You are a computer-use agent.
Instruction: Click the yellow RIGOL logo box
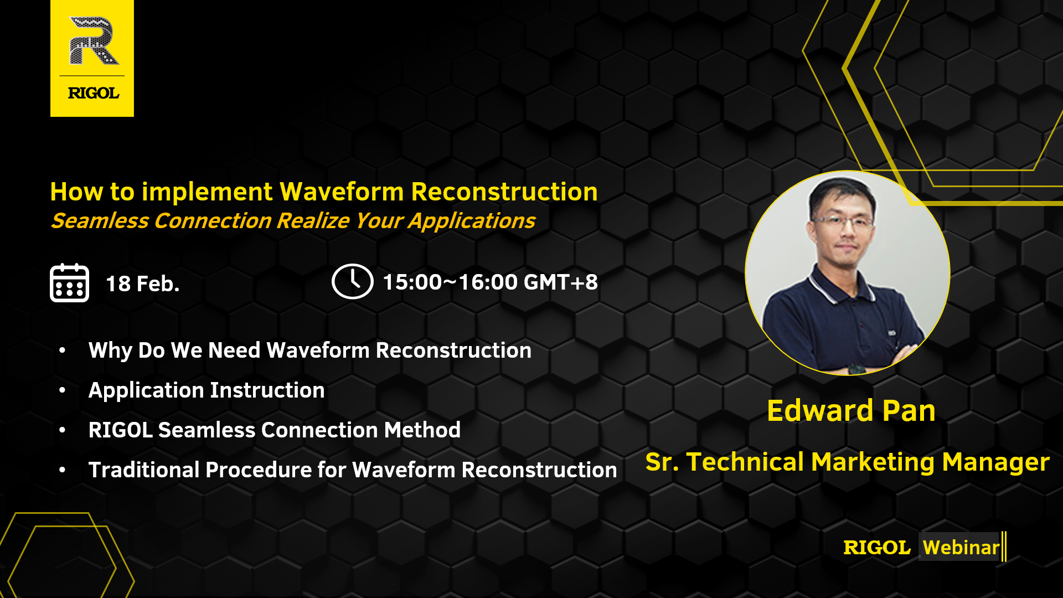(x=92, y=58)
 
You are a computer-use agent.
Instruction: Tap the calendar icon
(x=69, y=282)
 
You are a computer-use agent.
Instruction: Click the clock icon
(x=352, y=281)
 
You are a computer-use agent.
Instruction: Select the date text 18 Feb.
(x=143, y=284)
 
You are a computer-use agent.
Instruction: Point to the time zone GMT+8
(x=561, y=282)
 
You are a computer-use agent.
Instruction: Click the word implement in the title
(x=207, y=193)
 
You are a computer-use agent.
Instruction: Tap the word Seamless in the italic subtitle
(x=100, y=221)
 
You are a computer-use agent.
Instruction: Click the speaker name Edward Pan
(x=851, y=411)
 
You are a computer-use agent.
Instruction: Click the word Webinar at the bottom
(x=961, y=547)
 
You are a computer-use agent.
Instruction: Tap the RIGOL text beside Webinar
(x=877, y=548)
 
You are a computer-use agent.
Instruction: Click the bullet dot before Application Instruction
(x=63, y=390)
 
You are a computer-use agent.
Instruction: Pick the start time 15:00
(x=412, y=282)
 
